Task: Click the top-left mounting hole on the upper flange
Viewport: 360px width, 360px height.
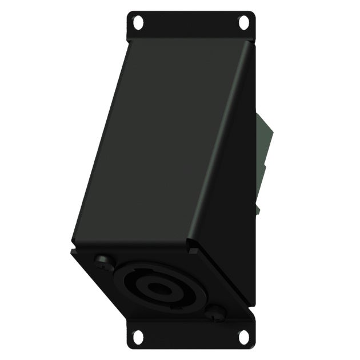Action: click(138, 23)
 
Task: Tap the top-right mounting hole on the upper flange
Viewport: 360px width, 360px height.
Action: click(244, 23)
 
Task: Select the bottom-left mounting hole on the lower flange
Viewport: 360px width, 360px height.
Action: click(138, 337)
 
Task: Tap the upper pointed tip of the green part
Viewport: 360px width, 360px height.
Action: click(258, 114)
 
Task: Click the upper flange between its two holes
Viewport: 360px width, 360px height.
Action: click(191, 26)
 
